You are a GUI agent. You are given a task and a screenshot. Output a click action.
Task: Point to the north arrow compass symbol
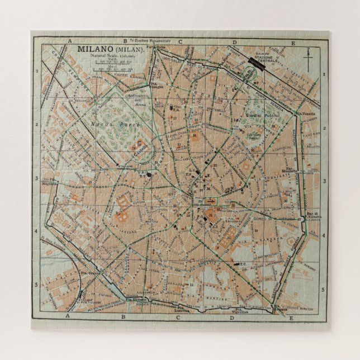point(308,56)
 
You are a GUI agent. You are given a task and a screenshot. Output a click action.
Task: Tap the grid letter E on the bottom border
point(291,317)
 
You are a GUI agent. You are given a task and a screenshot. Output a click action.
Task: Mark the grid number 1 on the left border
point(37,71)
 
